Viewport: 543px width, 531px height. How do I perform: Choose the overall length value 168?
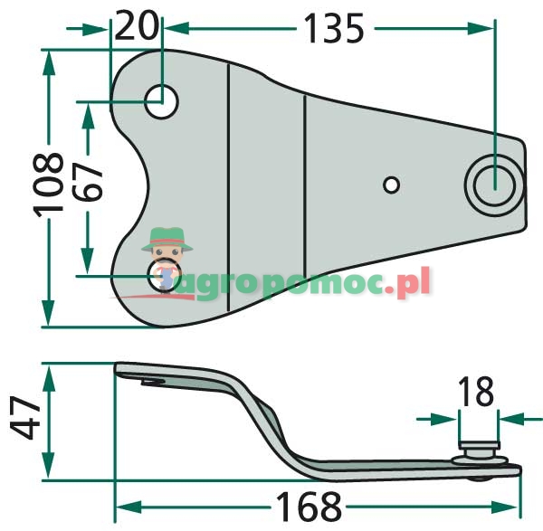point(317,505)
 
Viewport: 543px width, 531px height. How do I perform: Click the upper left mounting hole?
point(163,102)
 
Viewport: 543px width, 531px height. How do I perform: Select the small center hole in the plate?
point(391,185)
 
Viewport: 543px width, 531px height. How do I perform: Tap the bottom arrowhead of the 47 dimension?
point(51,469)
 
